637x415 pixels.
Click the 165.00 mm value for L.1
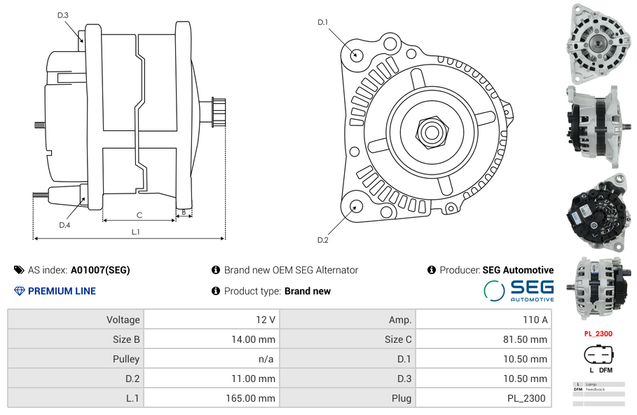click(x=256, y=398)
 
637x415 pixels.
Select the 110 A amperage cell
click(x=535, y=320)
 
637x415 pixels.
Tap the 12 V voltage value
click(x=266, y=320)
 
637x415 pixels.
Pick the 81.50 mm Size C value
click(x=528, y=339)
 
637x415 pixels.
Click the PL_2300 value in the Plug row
click(x=526, y=398)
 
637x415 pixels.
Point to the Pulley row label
click(x=126, y=359)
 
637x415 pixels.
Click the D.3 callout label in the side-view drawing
click(x=63, y=15)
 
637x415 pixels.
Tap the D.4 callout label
click(x=64, y=225)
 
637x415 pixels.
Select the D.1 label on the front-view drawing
click(x=322, y=22)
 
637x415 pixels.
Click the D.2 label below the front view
click(x=322, y=240)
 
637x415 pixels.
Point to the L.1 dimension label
click(x=135, y=232)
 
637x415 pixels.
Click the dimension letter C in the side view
click(x=139, y=215)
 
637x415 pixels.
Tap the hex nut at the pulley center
click(x=431, y=131)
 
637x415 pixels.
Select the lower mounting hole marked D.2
click(x=355, y=206)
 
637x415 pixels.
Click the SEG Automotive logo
click(x=519, y=290)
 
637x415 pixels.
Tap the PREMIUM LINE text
click(x=62, y=291)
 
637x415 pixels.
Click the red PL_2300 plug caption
click(x=598, y=334)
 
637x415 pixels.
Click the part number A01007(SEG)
click(x=100, y=270)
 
